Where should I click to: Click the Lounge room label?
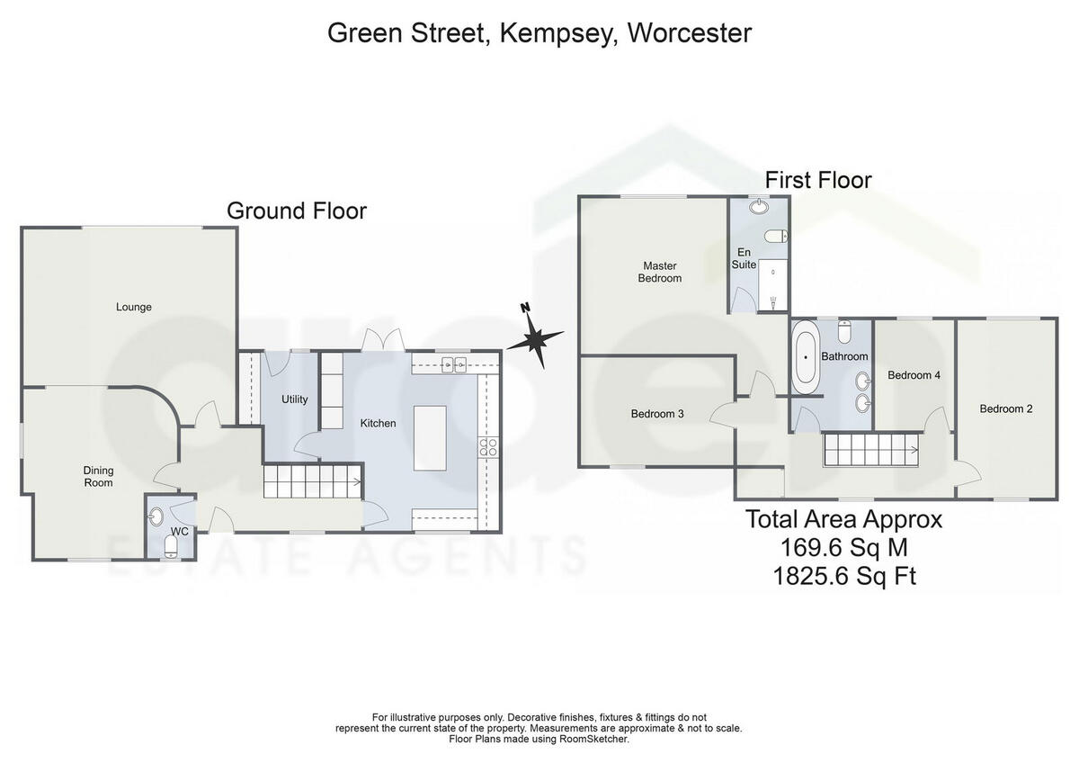pyautogui.click(x=133, y=307)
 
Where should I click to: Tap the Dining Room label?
pyautogui.click(x=98, y=476)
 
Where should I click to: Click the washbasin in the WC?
pyautogui.click(x=156, y=516)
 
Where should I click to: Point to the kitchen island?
pyautogui.click(x=429, y=437)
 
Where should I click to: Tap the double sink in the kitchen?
pyautogui.click(x=452, y=364)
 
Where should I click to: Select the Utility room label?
pyautogui.click(x=294, y=399)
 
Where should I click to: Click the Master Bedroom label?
pyautogui.click(x=659, y=272)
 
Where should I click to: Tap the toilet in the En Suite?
pyautogui.click(x=776, y=236)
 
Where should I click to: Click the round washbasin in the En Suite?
pyautogui.click(x=760, y=207)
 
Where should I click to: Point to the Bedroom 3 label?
pyautogui.click(x=657, y=414)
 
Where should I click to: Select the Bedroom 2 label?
pyautogui.click(x=1005, y=408)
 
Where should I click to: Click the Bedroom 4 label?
pyautogui.click(x=914, y=375)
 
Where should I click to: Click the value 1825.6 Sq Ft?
pyautogui.click(x=843, y=576)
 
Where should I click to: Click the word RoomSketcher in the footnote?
pyautogui.click(x=596, y=739)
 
